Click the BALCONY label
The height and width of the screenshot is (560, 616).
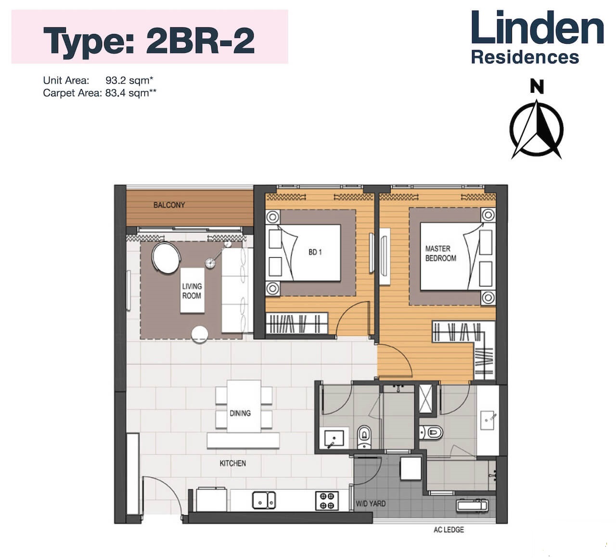click(x=169, y=205)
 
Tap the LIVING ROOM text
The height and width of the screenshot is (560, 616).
click(x=192, y=291)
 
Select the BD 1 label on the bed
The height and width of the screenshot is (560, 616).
click(x=315, y=252)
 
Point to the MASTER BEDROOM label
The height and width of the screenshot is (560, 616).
click(x=440, y=253)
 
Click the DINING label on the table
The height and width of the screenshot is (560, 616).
click(x=240, y=413)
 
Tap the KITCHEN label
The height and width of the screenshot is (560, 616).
click(x=232, y=463)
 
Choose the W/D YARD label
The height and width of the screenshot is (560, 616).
click(x=371, y=504)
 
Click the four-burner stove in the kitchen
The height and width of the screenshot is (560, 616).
click(x=327, y=501)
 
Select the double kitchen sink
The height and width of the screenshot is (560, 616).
click(x=264, y=500)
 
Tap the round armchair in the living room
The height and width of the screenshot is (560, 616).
click(x=166, y=258)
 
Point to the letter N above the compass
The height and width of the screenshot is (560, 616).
click(x=537, y=87)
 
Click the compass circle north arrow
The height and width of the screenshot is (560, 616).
click(x=537, y=129)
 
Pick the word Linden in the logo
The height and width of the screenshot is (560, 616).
click(x=538, y=27)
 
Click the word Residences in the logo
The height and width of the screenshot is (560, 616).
click(x=525, y=57)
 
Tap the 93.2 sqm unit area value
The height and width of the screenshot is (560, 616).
click(x=129, y=80)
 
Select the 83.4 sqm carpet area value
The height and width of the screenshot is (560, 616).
click(x=131, y=93)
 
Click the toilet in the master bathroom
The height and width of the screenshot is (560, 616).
click(x=431, y=433)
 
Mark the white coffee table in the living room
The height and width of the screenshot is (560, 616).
click(x=192, y=290)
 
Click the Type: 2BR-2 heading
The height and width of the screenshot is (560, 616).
click(x=149, y=41)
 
